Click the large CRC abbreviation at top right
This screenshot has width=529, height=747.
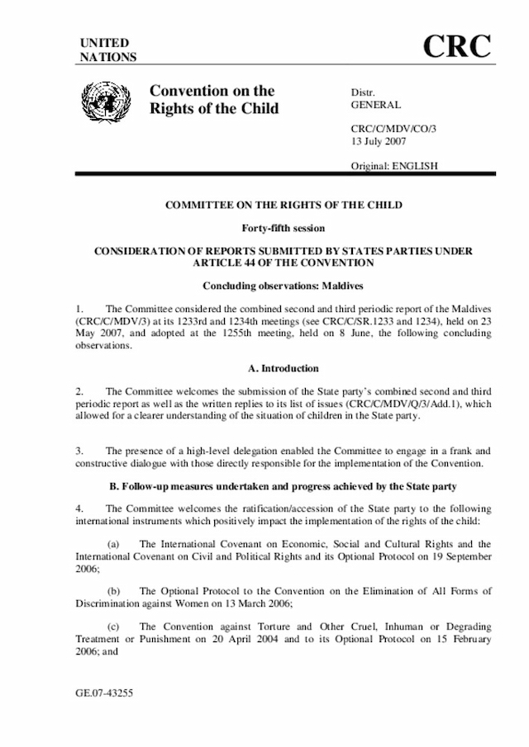tap(457, 47)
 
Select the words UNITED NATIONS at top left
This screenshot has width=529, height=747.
tap(107, 50)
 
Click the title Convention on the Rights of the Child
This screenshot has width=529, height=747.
tap(213, 100)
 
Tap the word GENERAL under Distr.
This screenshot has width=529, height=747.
tap(376, 105)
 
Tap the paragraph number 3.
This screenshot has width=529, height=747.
tap(80, 451)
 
